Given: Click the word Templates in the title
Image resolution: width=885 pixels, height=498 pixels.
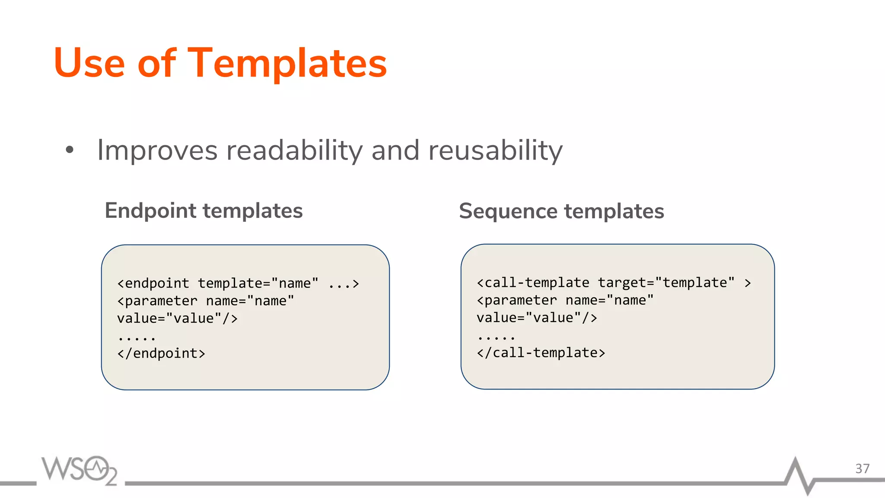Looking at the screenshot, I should point(287,64).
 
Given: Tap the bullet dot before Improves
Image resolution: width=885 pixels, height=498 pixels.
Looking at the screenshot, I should point(70,150).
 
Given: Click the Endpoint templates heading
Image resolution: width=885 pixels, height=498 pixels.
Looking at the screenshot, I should point(204,211).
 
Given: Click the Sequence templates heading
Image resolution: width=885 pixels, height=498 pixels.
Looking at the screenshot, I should point(561,211).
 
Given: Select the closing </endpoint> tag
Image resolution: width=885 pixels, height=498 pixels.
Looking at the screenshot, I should point(161,353).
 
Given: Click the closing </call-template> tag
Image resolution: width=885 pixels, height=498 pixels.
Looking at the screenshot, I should point(541,352).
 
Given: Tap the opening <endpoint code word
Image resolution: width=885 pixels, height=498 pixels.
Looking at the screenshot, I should point(153,283).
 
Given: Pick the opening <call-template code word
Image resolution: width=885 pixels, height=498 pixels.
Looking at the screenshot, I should point(532,282).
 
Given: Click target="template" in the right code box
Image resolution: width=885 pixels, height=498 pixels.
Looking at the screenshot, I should point(666,282).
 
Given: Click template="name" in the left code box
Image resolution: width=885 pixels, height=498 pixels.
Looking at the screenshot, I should point(258,283).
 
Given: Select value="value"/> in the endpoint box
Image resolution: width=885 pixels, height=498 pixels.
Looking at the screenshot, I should point(177,318).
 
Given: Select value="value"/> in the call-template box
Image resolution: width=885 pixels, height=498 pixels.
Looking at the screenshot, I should point(537,317).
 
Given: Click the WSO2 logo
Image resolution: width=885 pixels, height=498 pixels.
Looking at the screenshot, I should point(80,470).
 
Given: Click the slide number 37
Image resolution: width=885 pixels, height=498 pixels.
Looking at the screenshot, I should point(862,469).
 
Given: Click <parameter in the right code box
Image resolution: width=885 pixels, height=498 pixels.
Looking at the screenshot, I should point(517,300).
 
